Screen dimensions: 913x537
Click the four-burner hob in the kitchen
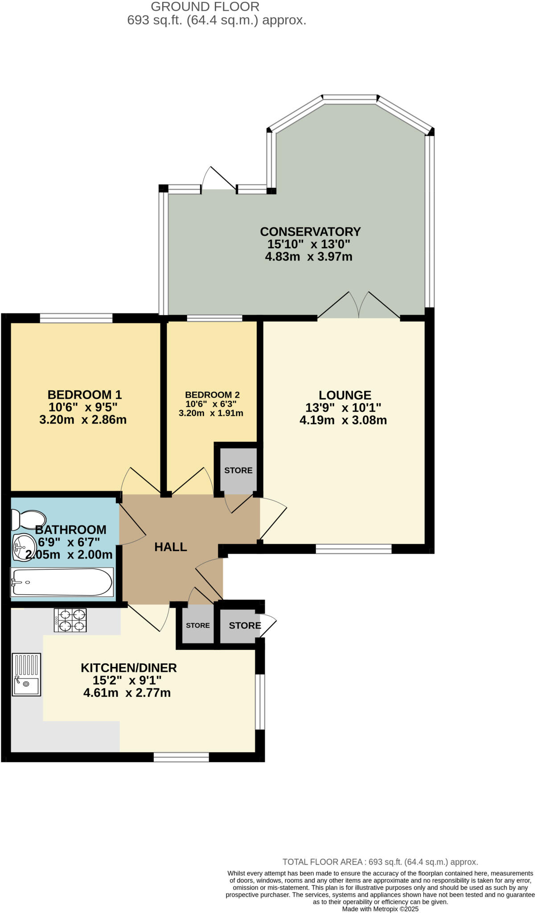click(x=70, y=620)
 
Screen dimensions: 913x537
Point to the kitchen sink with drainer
click(x=26, y=674)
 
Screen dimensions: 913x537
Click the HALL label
click(x=170, y=547)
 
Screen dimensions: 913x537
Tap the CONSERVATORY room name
click(x=310, y=232)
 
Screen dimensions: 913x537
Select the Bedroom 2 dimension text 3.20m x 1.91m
click(x=211, y=413)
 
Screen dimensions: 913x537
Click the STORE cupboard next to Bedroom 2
click(x=238, y=470)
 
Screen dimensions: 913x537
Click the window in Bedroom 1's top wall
click(x=76, y=318)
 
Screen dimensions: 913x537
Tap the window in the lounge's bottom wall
click(x=353, y=549)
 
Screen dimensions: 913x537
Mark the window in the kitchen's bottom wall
click(x=181, y=757)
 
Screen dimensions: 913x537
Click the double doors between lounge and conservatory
click(x=358, y=308)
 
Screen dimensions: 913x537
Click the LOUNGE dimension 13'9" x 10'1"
click(x=343, y=408)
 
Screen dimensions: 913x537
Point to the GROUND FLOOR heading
click(x=205, y=7)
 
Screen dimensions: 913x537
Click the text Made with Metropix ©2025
click(x=380, y=909)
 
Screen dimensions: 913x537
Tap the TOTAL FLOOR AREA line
click(x=380, y=862)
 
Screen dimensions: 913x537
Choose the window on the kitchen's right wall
click(x=260, y=702)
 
